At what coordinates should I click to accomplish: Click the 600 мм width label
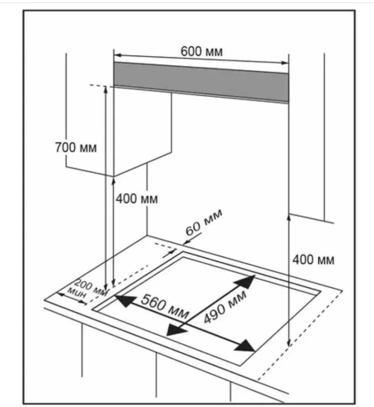click(x=201, y=51)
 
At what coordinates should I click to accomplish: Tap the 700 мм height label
click(x=76, y=148)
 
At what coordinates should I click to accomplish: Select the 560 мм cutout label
click(x=165, y=306)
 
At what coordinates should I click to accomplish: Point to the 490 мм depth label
click(x=225, y=306)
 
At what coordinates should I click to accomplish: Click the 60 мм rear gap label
click(x=204, y=222)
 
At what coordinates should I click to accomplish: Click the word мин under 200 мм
click(x=76, y=293)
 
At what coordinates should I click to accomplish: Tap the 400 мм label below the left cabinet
click(x=137, y=199)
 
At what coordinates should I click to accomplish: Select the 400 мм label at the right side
click(x=313, y=259)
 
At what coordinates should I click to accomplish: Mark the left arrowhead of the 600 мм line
click(x=117, y=55)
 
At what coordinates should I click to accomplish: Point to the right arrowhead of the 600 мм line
click(x=285, y=63)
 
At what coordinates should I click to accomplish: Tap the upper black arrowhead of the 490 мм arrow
click(x=246, y=281)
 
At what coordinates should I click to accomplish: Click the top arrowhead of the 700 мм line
click(x=105, y=89)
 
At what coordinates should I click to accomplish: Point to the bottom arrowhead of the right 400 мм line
click(x=289, y=343)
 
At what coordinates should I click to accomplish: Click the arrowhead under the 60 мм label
click(x=186, y=243)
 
